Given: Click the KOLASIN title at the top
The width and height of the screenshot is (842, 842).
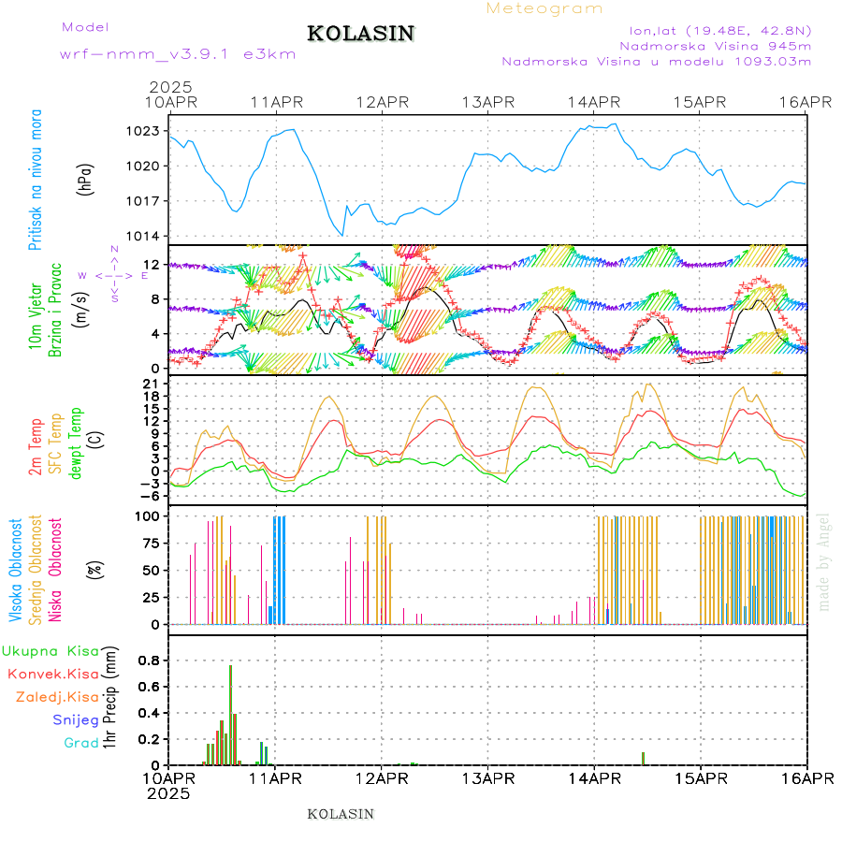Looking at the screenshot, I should pyautogui.click(x=360, y=34).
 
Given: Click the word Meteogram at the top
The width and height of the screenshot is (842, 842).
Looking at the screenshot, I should pyautogui.click(x=544, y=8).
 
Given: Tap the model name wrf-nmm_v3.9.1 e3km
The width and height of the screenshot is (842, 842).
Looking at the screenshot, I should pyautogui.click(x=178, y=54).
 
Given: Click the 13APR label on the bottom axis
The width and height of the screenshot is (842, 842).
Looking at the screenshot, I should pyautogui.click(x=487, y=777).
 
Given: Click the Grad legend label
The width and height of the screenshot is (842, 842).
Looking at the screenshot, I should pyautogui.click(x=81, y=743).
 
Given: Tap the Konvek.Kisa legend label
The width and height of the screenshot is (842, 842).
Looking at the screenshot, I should pyautogui.click(x=53, y=674).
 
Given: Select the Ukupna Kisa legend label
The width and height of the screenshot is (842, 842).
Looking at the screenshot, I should pyautogui.click(x=50, y=650).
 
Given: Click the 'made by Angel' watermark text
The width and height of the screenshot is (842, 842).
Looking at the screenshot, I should pyautogui.click(x=823, y=561).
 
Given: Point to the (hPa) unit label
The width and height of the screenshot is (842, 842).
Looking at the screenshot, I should pyautogui.click(x=85, y=179).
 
